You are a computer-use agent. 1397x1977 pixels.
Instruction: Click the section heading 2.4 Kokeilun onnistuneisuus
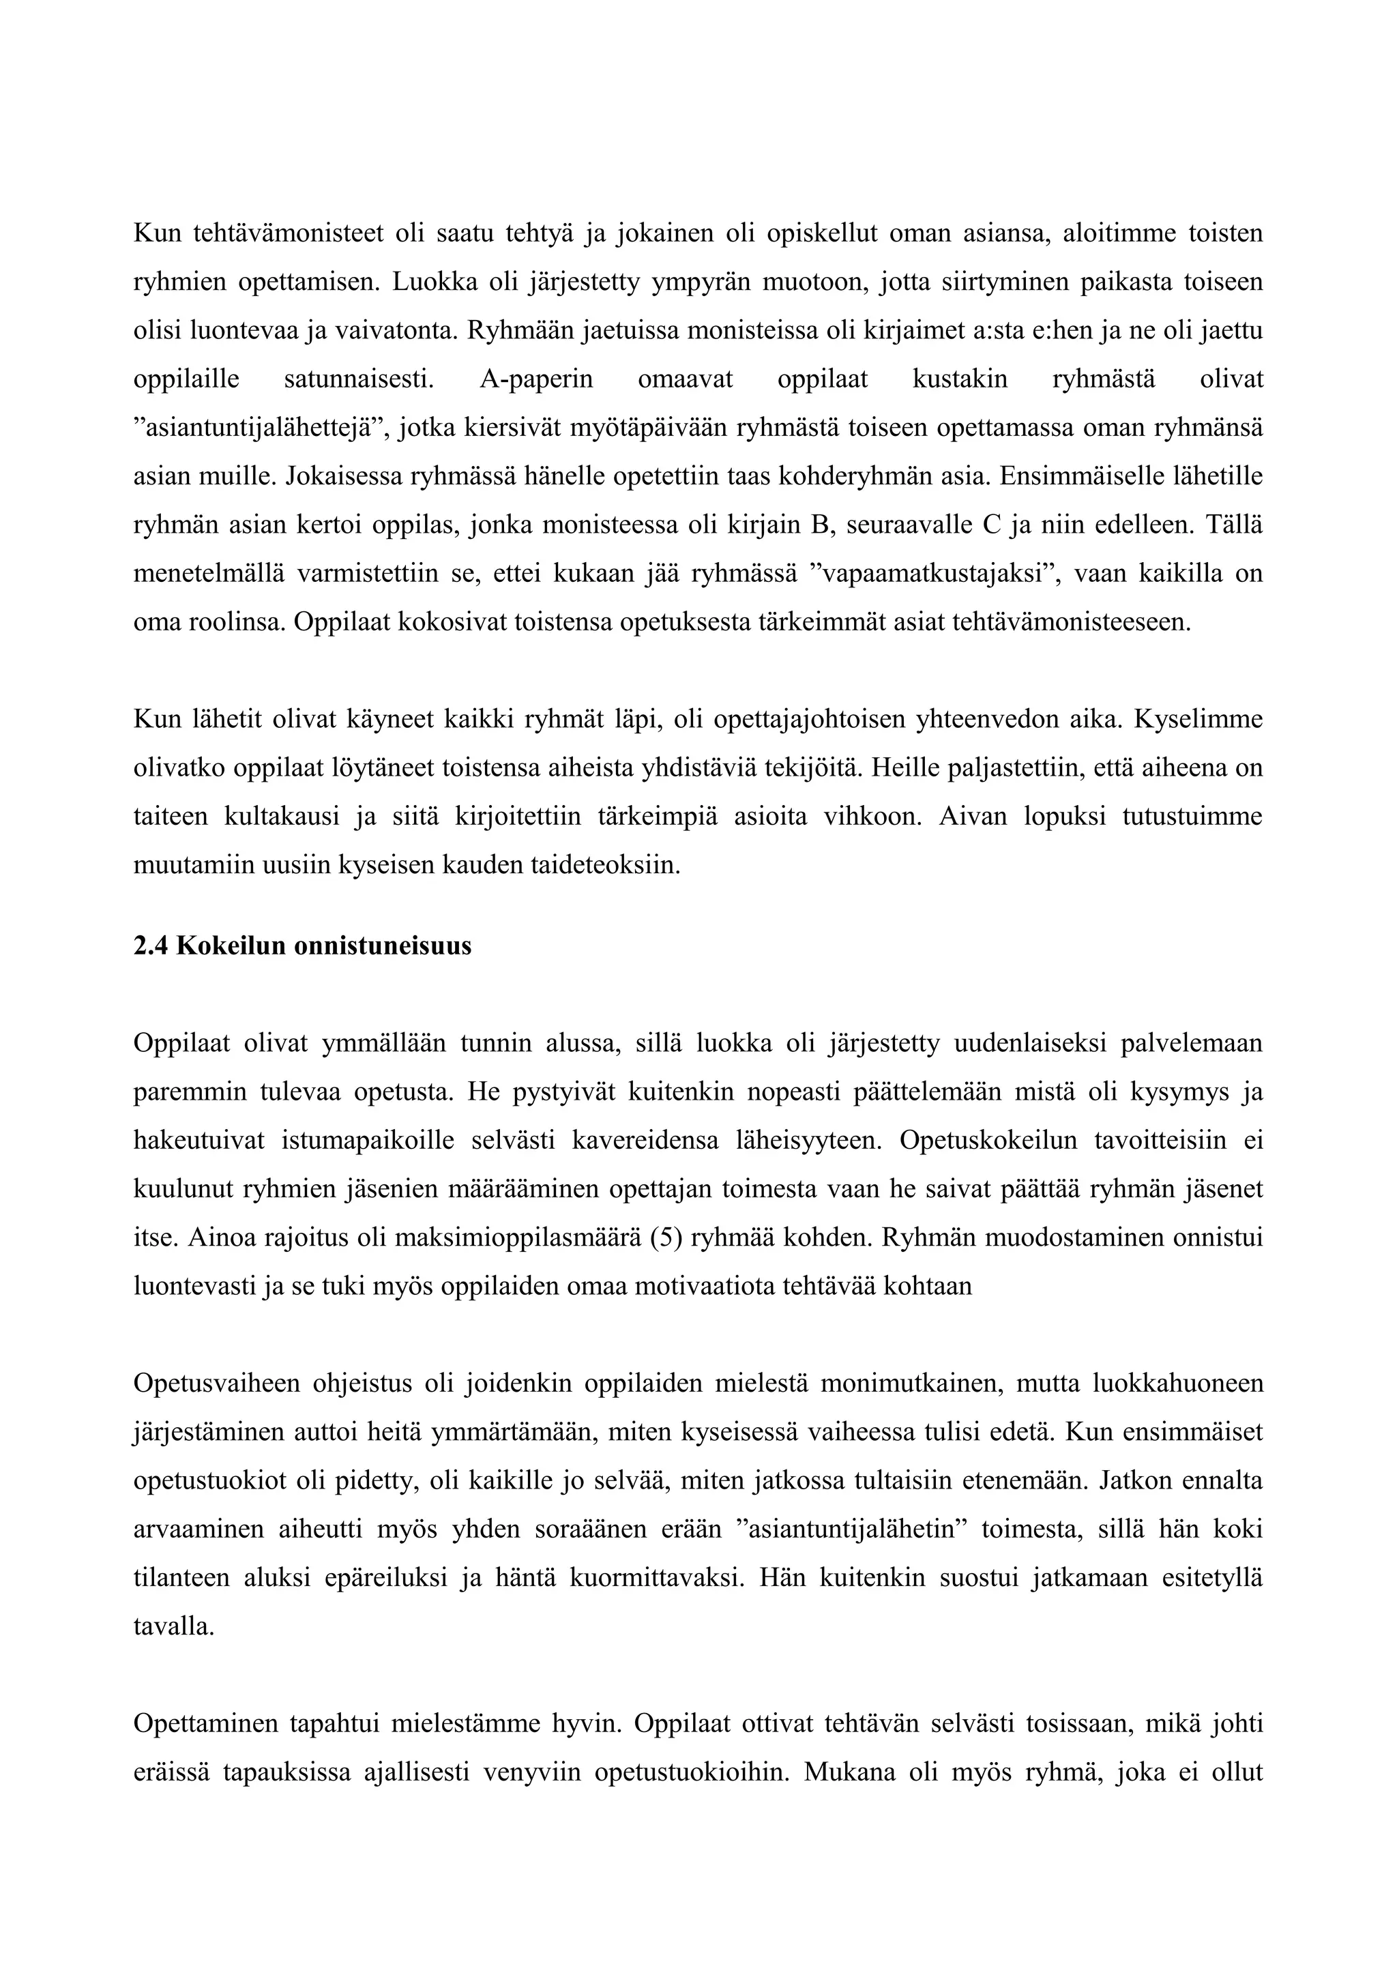(x=302, y=946)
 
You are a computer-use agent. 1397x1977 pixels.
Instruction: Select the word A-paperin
(x=535, y=379)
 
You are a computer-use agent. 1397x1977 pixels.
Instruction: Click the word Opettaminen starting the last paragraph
(x=207, y=1724)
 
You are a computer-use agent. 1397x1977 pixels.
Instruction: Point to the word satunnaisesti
(x=358, y=379)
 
